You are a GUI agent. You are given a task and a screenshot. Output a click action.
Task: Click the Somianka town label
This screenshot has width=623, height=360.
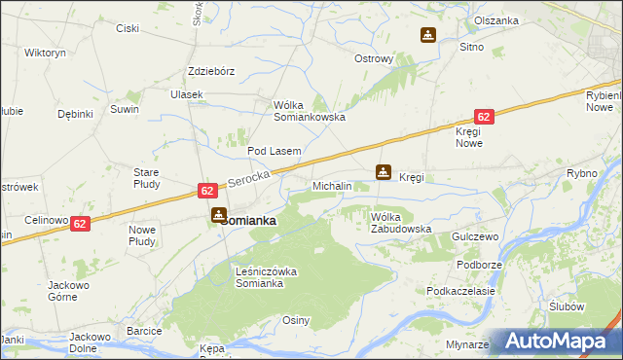(248, 221)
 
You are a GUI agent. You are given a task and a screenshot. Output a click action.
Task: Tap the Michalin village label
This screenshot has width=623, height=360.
(332, 185)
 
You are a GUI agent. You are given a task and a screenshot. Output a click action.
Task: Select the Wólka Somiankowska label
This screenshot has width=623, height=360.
(311, 110)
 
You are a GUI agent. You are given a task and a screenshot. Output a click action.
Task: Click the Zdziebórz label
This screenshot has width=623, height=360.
(211, 71)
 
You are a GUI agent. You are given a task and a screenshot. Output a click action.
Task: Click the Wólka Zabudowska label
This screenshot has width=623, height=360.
(400, 222)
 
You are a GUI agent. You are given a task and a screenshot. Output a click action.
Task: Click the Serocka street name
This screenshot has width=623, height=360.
(246, 181)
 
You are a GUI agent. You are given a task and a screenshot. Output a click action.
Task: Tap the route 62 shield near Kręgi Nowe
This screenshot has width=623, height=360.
(485, 116)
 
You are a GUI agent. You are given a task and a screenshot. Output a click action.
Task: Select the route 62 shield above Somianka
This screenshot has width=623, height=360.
(207, 192)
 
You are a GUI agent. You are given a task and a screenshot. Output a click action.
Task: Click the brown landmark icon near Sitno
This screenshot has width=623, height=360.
(427, 36)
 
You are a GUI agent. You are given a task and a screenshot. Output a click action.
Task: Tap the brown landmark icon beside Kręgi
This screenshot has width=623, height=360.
(385, 173)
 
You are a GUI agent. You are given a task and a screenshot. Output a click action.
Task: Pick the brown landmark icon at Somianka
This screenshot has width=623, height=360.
(219, 214)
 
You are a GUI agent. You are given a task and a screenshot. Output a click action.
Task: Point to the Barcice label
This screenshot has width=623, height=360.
(143, 331)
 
